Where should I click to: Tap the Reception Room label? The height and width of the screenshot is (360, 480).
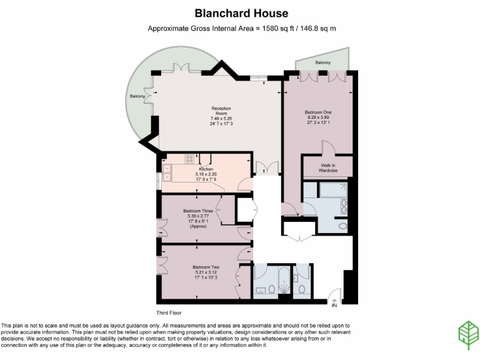tap(221, 111)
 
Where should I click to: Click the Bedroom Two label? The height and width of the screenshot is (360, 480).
tap(204, 266)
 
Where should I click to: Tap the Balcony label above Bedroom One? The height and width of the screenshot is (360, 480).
tap(322, 63)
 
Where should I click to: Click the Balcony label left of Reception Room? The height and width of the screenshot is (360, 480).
tap(137, 97)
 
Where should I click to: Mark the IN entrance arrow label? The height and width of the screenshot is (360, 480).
tap(334, 305)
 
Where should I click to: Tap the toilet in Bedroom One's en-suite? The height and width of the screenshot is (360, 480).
tap(342, 225)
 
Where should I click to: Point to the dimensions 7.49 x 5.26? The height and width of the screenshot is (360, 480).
tap(221, 118)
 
